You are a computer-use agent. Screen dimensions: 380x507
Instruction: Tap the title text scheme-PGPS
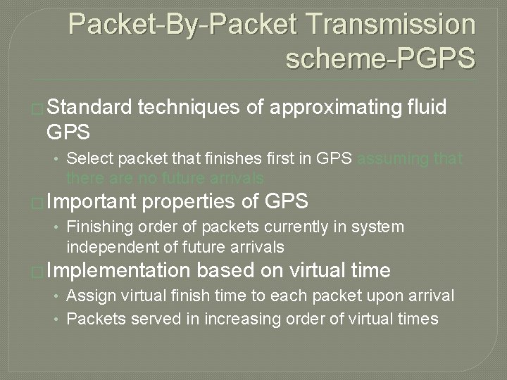click(x=381, y=59)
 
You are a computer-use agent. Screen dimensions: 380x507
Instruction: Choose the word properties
click(x=189, y=202)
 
